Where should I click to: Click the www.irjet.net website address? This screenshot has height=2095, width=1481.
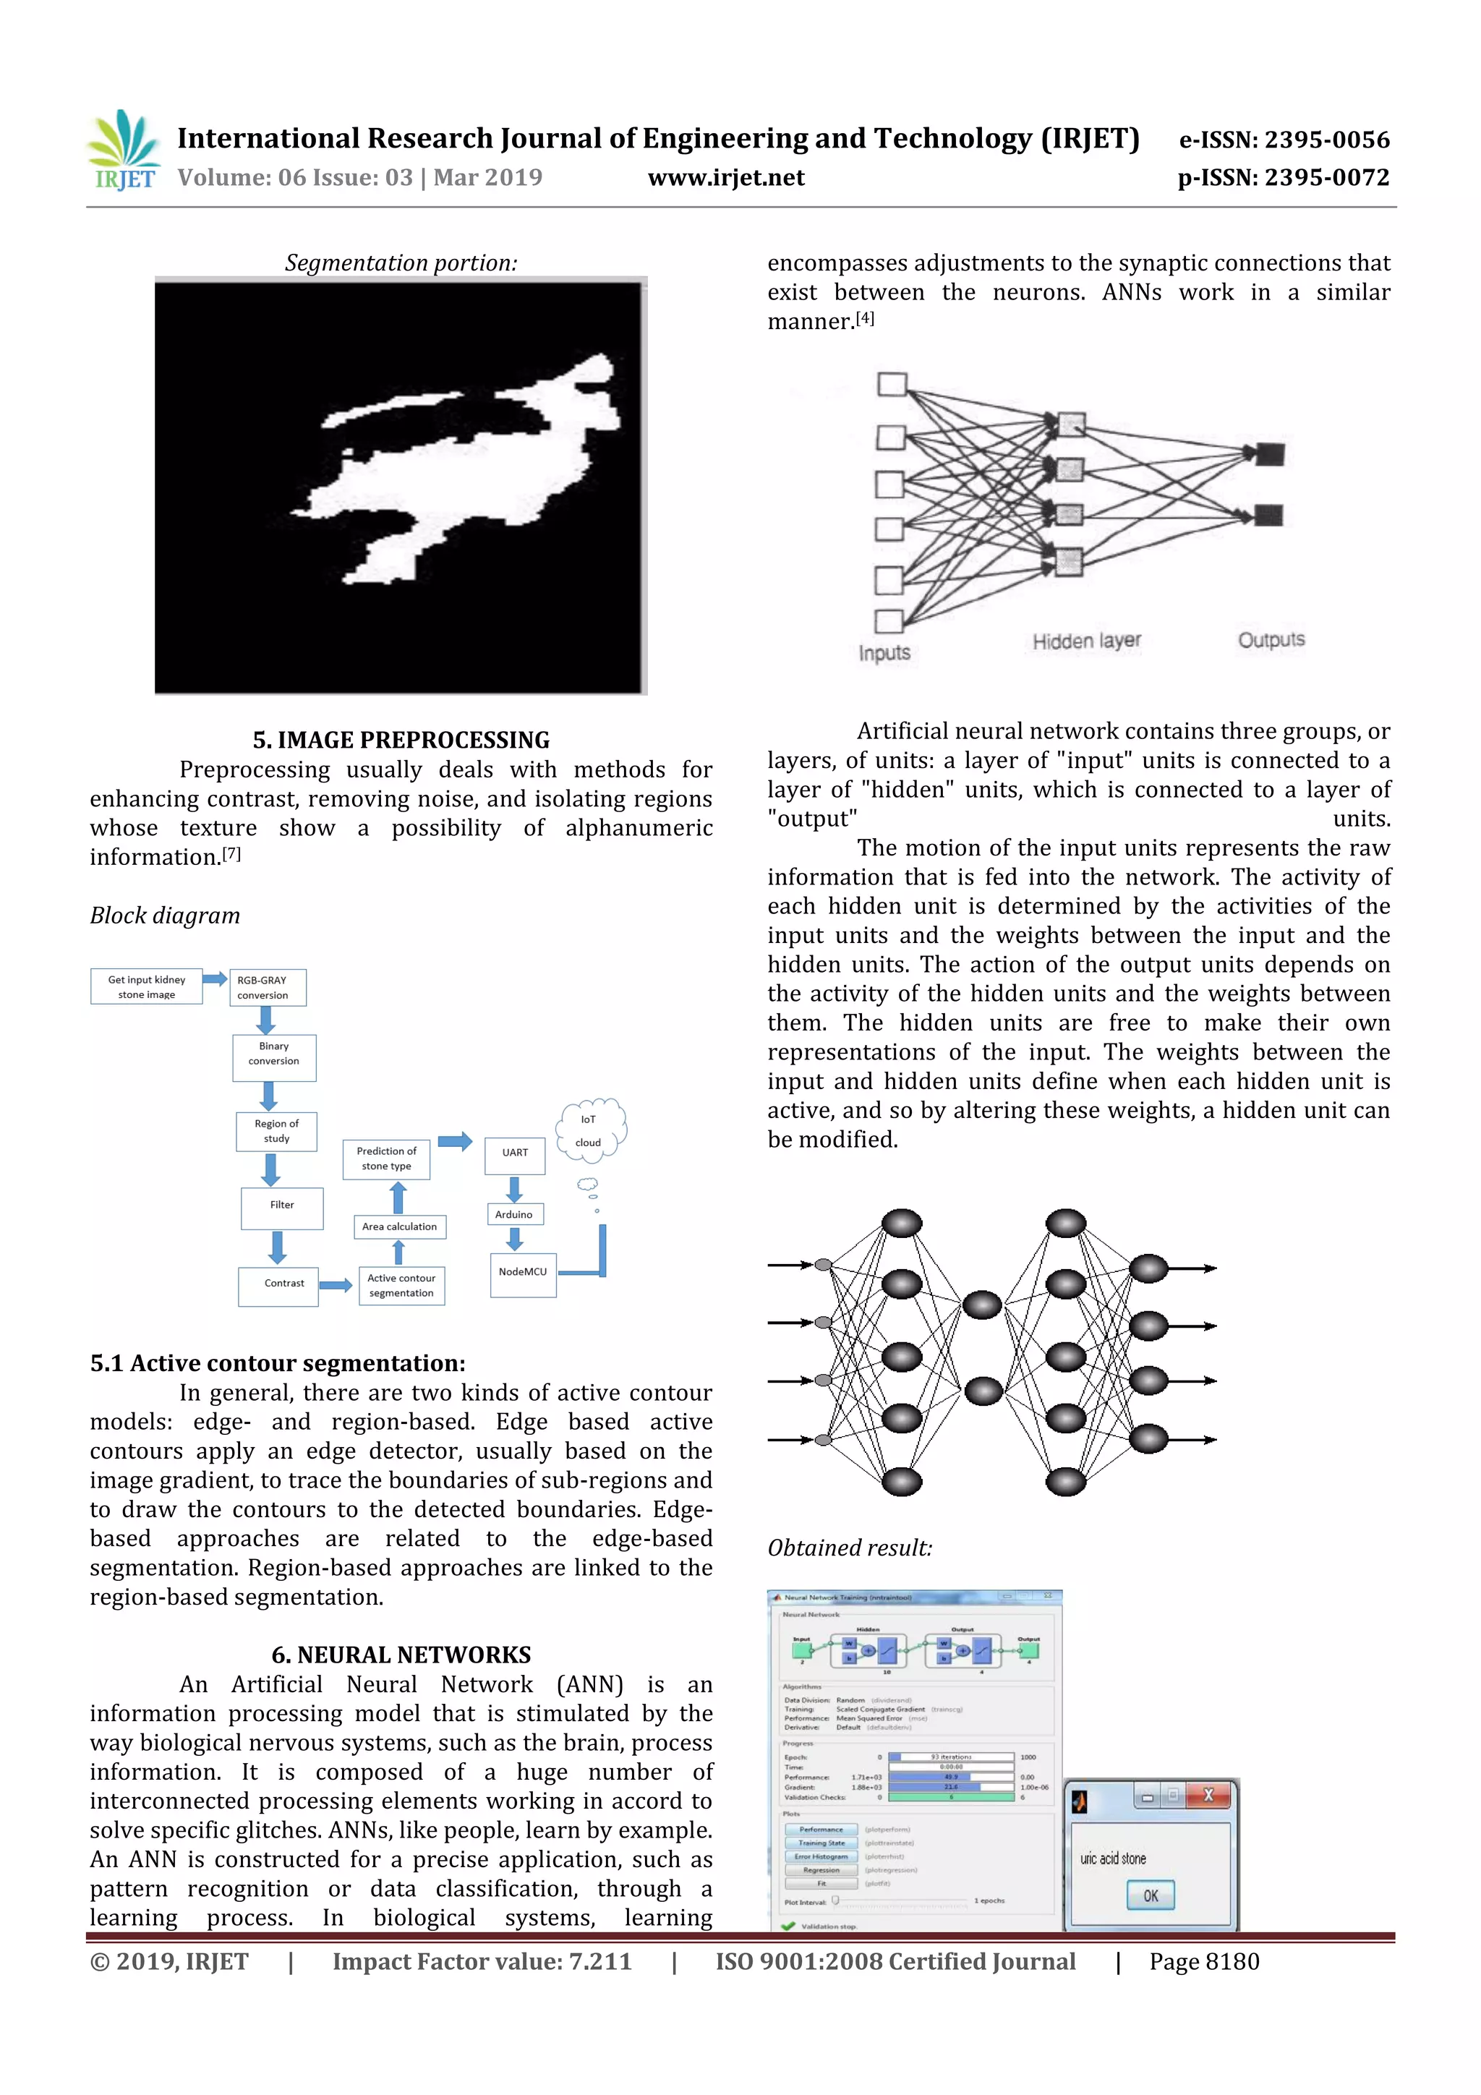[x=725, y=177]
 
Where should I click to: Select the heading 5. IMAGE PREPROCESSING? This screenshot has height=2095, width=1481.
[x=401, y=739]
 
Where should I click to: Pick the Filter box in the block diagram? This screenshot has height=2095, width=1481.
[x=282, y=1207]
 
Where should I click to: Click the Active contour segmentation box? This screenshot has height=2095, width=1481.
[x=401, y=1285]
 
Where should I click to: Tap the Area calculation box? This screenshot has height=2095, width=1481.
[x=398, y=1226]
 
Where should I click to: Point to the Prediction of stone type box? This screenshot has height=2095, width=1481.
[x=386, y=1158]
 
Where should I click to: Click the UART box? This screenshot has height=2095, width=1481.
[x=515, y=1153]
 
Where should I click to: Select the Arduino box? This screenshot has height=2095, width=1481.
[x=513, y=1214]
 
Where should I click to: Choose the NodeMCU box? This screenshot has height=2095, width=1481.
[x=523, y=1273]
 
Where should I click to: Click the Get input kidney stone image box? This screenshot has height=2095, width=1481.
[x=146, y=986]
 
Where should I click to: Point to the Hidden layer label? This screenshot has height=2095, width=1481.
[x=1087, y=641]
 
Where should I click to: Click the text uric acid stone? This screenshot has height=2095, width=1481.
[x=1113, y=1858]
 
